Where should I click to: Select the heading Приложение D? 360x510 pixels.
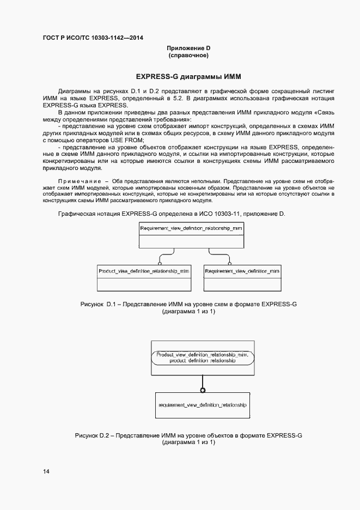pyautogui.click(x=189, y=48)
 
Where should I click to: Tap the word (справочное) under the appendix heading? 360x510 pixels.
pyautogui.click(x=189, y=56)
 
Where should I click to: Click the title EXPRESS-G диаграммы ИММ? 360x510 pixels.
pyautogui.click(x=188, y=76)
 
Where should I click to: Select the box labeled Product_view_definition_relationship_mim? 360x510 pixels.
pyautogui.click(x=144, y=278)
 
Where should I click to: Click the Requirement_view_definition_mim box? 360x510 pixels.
pyautogui.click(x=242, y=278)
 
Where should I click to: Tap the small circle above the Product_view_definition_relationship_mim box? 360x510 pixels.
pyautogui.click(x=160, y=262)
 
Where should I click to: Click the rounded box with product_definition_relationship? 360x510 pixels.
pyautogui.click(x=203, y=357)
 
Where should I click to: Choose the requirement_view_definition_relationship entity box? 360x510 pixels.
pyautogui.click(x=203, y=406)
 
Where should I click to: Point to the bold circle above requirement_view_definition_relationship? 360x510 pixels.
pyautogui.click(x=203, y=390)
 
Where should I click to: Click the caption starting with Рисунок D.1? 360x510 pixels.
pyautogui.click(x=188, y=303)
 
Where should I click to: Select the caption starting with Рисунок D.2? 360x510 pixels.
pyautogui.click(x=188, y=435)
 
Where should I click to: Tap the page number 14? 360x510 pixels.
pyautogui.click(x=47, y=471)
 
